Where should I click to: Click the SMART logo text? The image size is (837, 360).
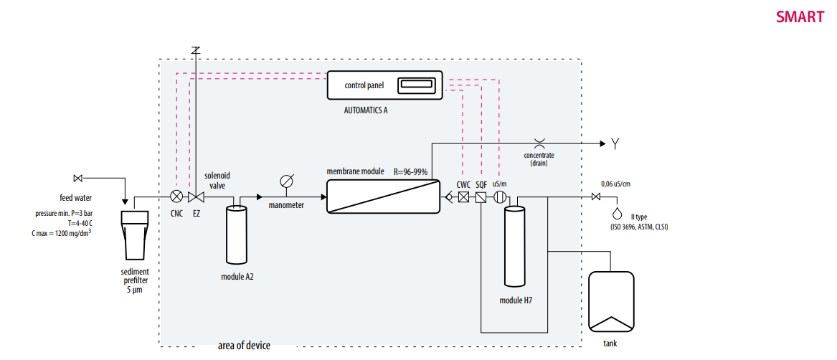(x=800, y=17)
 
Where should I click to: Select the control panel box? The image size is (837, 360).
(x=384, y=85)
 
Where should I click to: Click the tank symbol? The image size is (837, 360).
(x=610, y=302)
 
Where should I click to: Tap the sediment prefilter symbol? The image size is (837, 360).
(x=135, y=235)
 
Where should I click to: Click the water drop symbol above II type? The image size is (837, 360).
(x=617, y=213)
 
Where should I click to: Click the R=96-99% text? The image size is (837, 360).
(x=411, y=172)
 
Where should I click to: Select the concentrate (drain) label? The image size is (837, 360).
(x=539, y=159)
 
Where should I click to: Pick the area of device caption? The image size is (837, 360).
(x=245, y=346)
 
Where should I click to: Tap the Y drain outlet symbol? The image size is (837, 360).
(x=615, y=144)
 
